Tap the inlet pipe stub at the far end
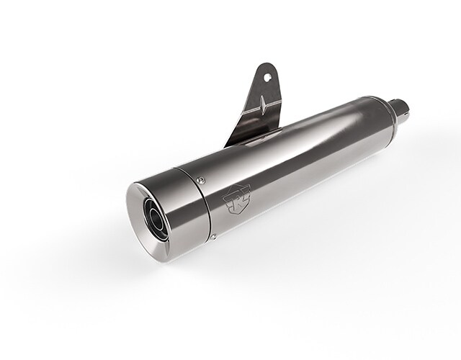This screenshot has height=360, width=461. (402, 110)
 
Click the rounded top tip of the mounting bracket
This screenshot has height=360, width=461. (265, 66)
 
